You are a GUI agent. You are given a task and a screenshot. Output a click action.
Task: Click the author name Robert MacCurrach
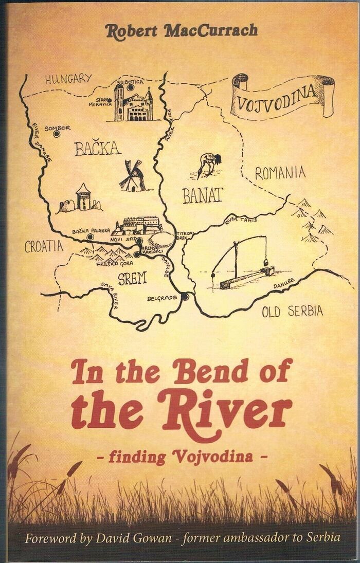pyautogui.click(x=181, y=31)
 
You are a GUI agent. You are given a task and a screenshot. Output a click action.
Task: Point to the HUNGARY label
pyautogui.click(x=68, y=79)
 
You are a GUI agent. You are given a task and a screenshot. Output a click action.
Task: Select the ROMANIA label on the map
pyautogui.click(x=280, y=173)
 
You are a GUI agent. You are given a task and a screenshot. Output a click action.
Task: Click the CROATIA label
pyautogui.click(x=44, y=246)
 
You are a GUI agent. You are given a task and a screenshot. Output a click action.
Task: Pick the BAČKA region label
pyautogui.click(x=98, y=149)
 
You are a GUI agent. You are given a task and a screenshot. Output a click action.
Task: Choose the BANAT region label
pyautogui.click(x=203, y=194)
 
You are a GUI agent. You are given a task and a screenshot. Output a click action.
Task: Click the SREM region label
pyautogui.click(x=132, y=279)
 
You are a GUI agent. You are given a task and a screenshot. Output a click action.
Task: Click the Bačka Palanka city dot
pyautogui.click(x=91, y=237)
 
